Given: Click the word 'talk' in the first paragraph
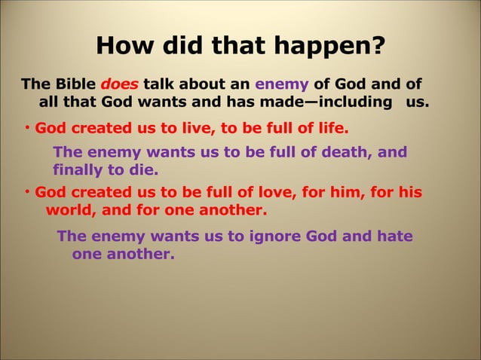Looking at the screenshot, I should [161, 84].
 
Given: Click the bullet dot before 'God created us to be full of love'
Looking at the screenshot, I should [25, 192].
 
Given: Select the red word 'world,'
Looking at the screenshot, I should [70, 209].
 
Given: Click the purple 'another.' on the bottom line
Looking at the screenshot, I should [142, 254].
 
